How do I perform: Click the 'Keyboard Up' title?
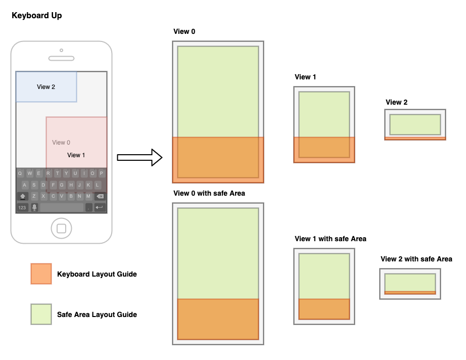[x=37, y=16]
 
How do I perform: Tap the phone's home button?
[x=61, y=229]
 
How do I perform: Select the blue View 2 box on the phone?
[x=46, y=87]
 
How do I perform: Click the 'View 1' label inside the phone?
[x=76, y=155]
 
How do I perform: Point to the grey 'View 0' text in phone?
[x=61, y=143]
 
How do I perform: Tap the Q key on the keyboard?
[x=20, y=173]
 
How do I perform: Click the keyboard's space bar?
[x=62, y=207]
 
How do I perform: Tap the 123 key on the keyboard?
[x=22, y=207]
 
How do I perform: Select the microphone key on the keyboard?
[x=34, y=207]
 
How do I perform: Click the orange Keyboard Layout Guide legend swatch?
[x=41, y=274]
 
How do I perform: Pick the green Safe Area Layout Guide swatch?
[x=41, y=314]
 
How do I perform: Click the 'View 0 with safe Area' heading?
[x=209, y=193]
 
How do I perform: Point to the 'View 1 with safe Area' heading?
[x=331, y=239]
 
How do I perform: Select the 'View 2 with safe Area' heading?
[x=416, y=259]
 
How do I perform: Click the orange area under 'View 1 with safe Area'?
[x=324, y=308]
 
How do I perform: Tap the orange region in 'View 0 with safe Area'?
[x=218, y=319]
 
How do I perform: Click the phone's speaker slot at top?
[x=61, y=59]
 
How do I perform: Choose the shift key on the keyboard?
[x=23, y=196]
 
